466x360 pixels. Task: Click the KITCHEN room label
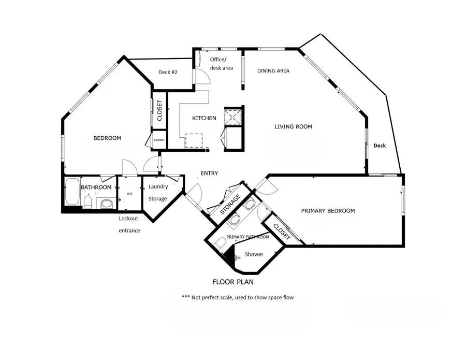(x=204, y=118)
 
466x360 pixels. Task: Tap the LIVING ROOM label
(x=293, y=126)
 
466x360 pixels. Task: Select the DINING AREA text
(x=273, y=71)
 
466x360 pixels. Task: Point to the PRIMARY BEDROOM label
(x=328, y=211)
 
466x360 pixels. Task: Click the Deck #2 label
(x=168, y=72)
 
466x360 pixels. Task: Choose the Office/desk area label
(x=221, y=63)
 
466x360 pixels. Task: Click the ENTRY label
(x=209, y=174)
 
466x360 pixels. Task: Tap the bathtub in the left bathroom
(x=71, y=192)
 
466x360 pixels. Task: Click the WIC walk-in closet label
(x=129, y=194)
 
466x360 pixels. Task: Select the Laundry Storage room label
(x=158, y=192)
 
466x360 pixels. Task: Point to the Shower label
(x=254, y=254)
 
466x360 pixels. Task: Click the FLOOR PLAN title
(x=232, y=282)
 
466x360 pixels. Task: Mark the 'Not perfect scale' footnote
(x=238, y=297)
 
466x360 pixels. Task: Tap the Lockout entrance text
(x=129, y=224)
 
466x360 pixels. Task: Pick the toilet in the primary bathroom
(x=220, y=244)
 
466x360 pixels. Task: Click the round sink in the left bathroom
(x=107, y=203)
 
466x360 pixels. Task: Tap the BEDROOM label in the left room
(x=107, y=138)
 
